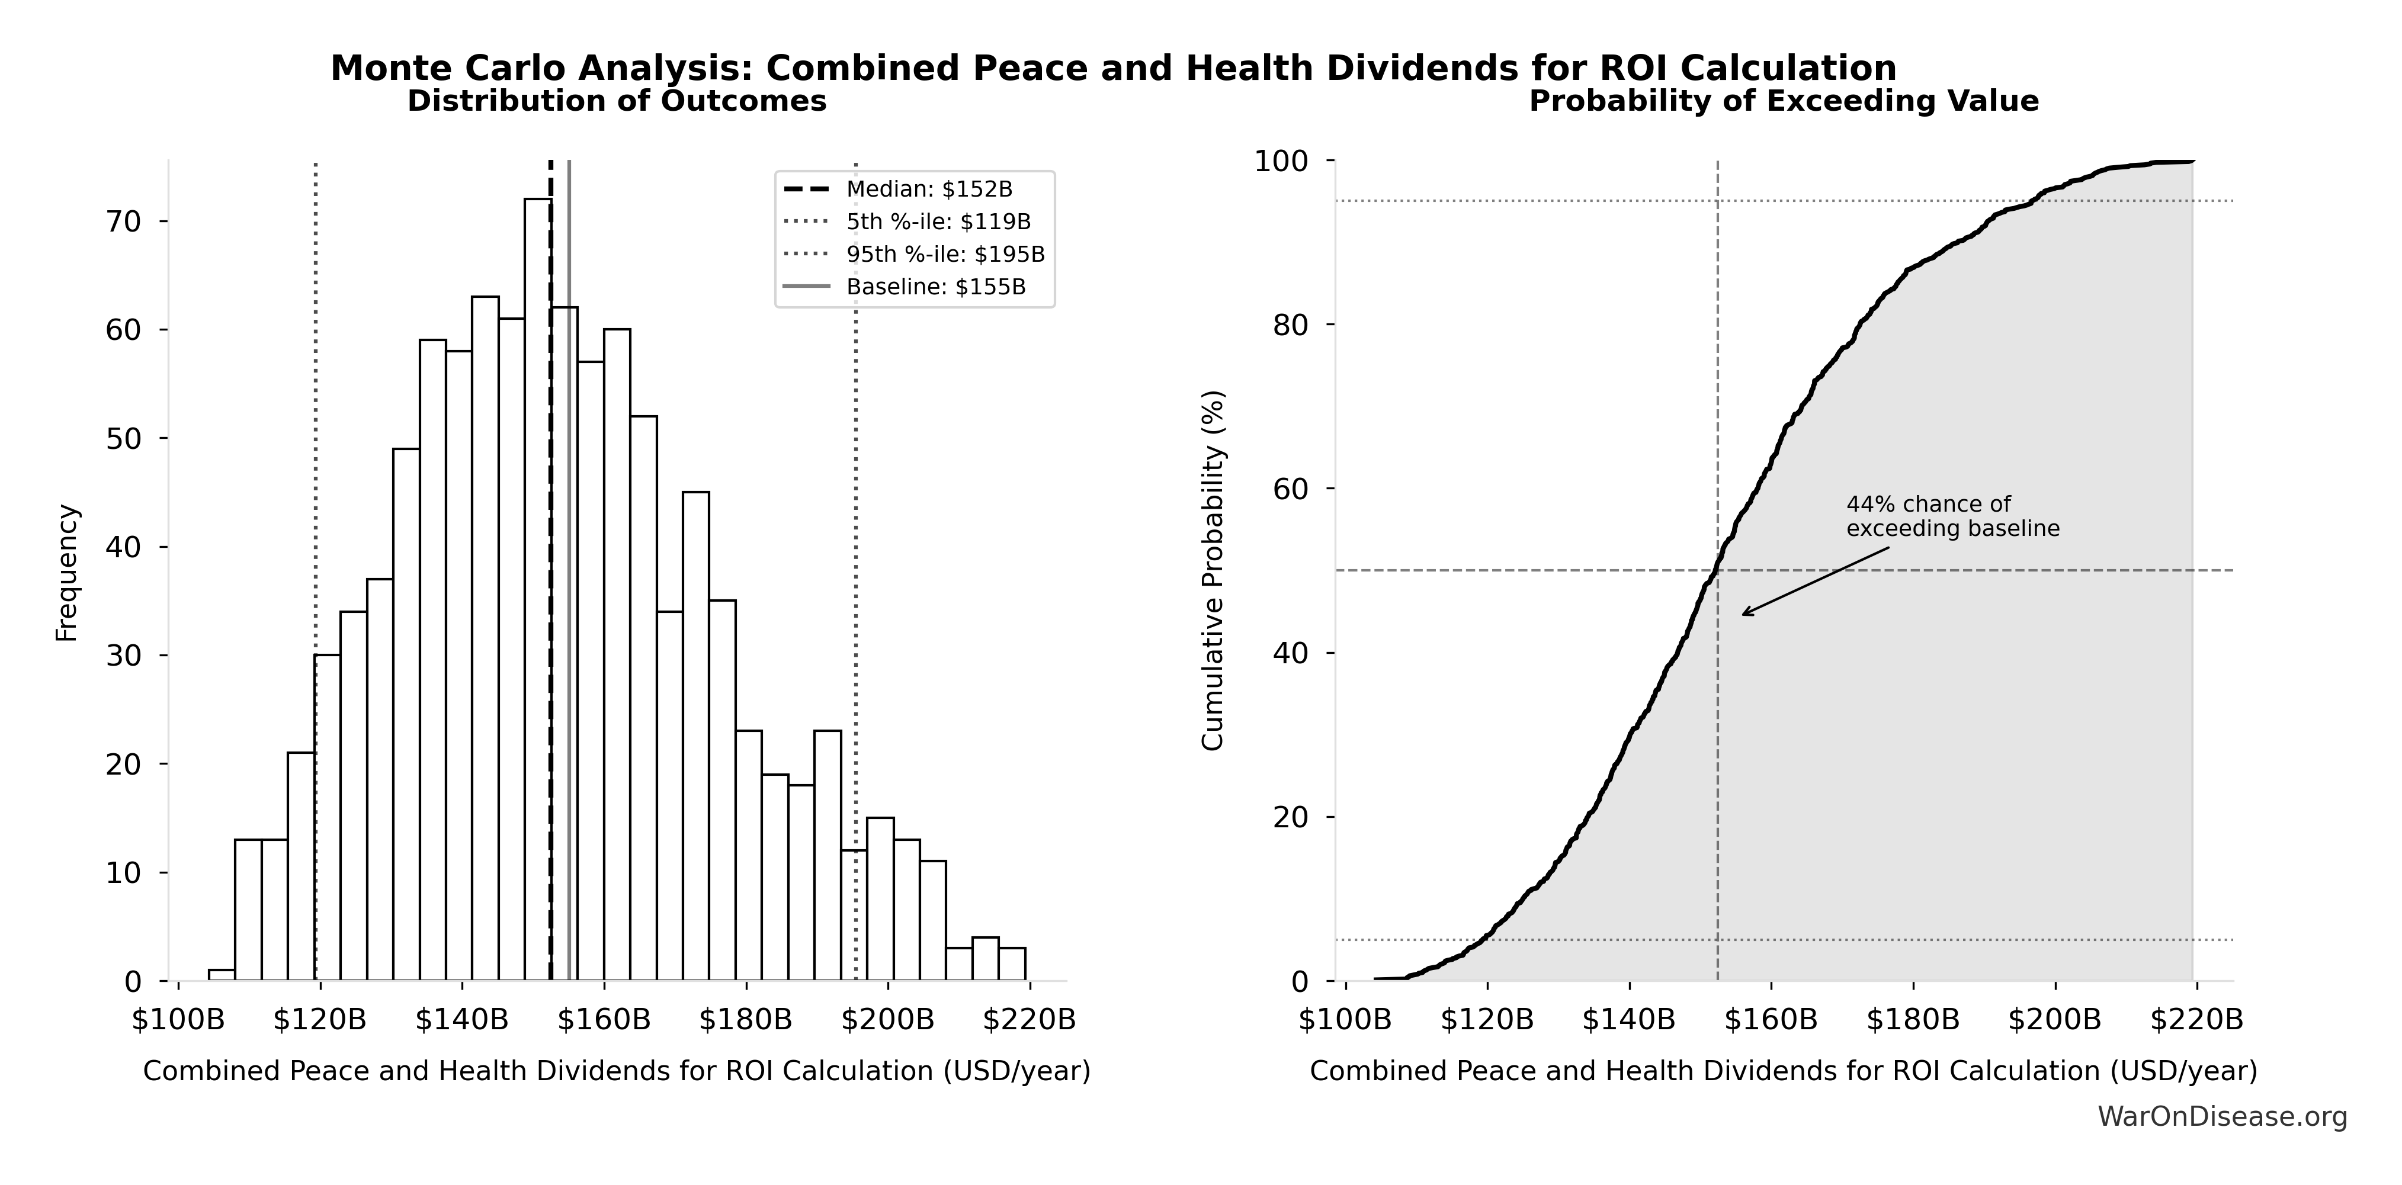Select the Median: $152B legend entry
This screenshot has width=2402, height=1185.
point(929,190)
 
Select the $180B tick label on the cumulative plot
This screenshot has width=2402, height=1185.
point(1913,1020)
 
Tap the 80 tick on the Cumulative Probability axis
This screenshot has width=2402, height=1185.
point(1291,325)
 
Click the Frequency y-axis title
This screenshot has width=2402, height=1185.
point(67,573)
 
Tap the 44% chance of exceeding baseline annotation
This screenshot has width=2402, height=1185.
point(1952,516)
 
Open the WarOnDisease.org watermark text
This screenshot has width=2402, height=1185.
point(2222,1116)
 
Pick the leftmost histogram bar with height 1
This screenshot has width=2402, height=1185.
point(221,975)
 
